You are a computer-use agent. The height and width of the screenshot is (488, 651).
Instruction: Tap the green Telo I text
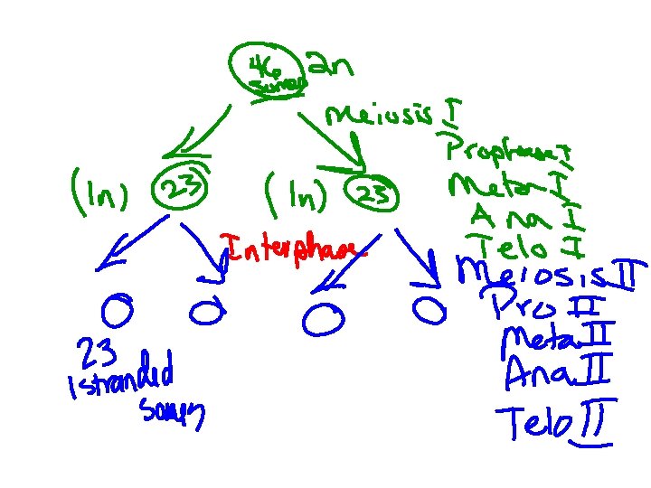[519, 244]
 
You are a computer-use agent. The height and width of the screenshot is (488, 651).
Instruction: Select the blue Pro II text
[540, 305]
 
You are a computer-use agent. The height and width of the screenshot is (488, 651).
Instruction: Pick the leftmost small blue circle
[118, 312]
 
